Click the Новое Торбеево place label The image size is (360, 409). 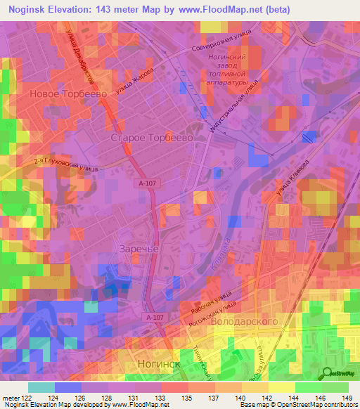67,93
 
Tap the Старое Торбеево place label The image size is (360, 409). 152,139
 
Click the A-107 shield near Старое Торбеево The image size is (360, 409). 145,183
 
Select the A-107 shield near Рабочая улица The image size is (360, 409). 157,318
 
